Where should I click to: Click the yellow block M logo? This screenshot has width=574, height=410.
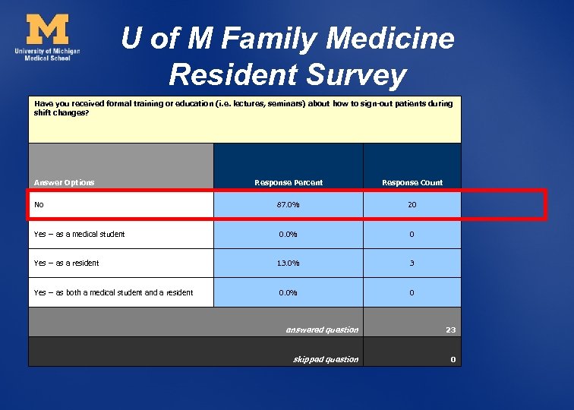pos(47,30)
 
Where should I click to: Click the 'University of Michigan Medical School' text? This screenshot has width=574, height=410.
pos(47,54)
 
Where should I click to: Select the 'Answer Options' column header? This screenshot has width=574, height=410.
pos(65,182)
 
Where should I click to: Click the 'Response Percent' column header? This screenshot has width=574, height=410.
pos(288,182)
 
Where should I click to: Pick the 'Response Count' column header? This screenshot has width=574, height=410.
pos(412,182)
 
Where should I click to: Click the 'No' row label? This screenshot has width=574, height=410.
pos(39,204)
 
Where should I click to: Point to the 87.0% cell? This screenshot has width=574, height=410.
pos(288,205)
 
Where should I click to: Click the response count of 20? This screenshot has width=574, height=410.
pos(412,205)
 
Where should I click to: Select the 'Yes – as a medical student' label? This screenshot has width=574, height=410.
pos(80,234)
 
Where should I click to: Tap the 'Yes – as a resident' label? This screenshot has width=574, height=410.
pos(67,263)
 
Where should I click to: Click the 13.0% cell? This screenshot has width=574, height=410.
pos(288,263)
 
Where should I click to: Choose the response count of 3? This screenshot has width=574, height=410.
pos(412,263)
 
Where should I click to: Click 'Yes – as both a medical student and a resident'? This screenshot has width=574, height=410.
pos(114,292)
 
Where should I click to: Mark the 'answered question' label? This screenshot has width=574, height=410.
pos(322,330)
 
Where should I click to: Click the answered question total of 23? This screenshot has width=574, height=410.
pos(450,330)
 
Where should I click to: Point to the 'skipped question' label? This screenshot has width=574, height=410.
pos(326,359)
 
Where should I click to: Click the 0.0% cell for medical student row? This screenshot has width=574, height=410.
pos(288,235)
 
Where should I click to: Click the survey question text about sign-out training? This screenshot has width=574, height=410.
pos(243,108)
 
